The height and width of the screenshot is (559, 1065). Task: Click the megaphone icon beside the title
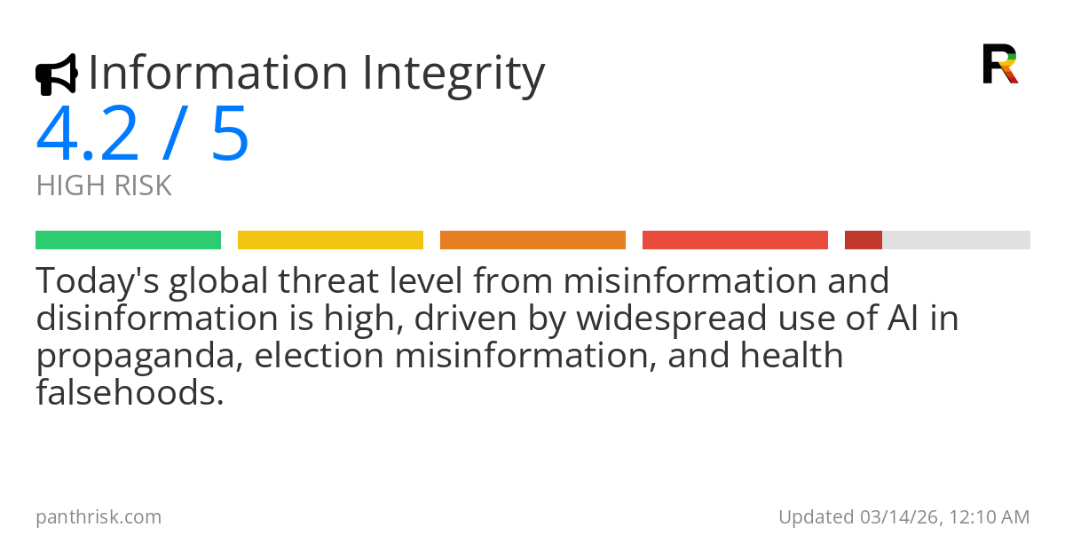[56, 75]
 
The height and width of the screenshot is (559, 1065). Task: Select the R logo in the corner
[999, 64]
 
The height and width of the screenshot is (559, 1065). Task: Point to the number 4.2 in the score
[87, 135]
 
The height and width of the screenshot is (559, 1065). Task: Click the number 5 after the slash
[230, 135]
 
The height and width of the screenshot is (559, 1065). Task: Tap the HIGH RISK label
[104, 186]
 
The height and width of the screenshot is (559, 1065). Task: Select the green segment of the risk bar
[128, 240]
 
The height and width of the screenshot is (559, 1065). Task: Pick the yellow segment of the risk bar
[330, 240]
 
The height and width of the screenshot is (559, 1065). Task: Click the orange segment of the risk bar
[532, 240]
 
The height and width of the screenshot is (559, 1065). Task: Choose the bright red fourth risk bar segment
[735, 240]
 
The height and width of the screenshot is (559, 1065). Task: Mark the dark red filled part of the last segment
[863, 240]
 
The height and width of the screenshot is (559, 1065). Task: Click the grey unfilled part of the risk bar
[956, 240]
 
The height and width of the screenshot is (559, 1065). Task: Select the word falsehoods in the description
[130, 393]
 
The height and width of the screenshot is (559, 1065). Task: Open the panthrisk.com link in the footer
[99, 517]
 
